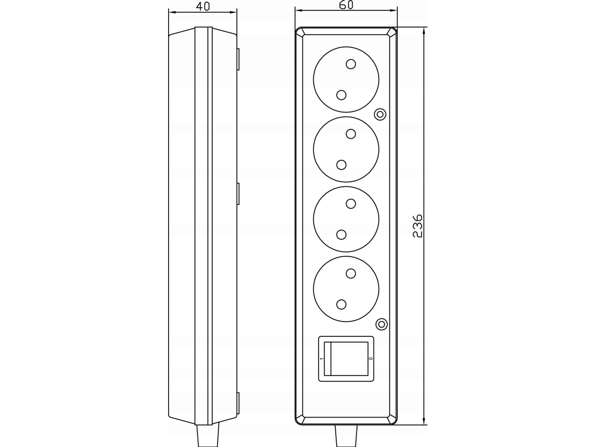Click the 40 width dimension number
coord(203,6)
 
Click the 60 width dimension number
coord(346,5)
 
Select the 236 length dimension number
coord(418,226)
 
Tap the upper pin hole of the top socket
coord(351,64)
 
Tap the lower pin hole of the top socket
coord(341,95)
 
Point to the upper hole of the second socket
coord(351,134)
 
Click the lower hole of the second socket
coord(341,165)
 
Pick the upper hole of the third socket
coord(351,204)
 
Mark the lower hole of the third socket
coord(341,234)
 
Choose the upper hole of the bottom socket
coord(351,274)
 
